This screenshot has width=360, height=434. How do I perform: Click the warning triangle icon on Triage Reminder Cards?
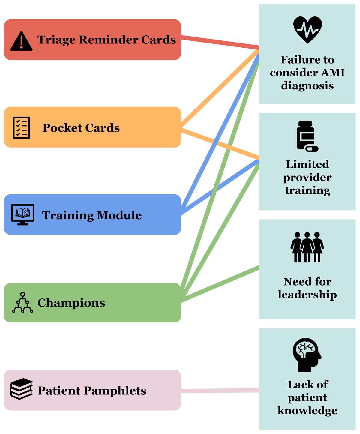pyautogui.click(x=21, y=41)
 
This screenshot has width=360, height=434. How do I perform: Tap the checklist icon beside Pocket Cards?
pyautogui.click(x=21, y=128)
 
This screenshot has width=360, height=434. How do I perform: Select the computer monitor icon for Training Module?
pyautogui.click(x=22, y=214)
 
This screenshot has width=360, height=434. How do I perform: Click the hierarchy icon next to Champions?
pyautogui.click(x=23, y=303)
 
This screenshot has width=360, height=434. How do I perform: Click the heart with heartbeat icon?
pyautogui.click(x=307, y=29)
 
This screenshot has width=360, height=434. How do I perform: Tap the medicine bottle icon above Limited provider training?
pyautogui.click(x=307, y=136)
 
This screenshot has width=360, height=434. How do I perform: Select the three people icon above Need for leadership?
pyautogui.click(x=307, y=247)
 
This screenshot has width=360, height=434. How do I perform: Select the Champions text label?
pyautogui.click(x=71, y=303)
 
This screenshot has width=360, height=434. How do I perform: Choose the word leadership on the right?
pyautogui.click(x=307, y=295)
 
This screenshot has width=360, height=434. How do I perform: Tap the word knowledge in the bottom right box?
pyautogui.click(x=307, y=410)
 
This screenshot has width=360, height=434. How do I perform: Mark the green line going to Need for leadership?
pyautogui.click(x=220, y=284)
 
